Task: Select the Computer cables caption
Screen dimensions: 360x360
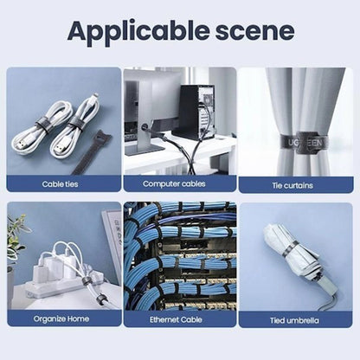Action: click(179, 184)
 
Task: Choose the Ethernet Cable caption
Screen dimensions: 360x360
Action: click(179, 319)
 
